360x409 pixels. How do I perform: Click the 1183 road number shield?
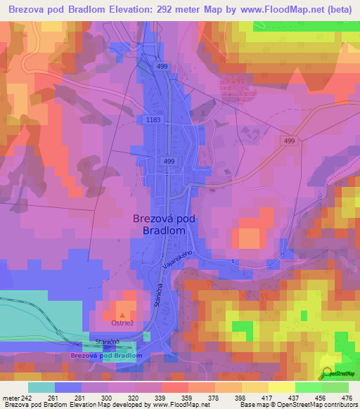point(153,120)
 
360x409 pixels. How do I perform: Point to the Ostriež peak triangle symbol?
point(122,316)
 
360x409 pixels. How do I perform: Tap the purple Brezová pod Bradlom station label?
point(106,356)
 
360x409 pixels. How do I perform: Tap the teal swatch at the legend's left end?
point(41,387)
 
